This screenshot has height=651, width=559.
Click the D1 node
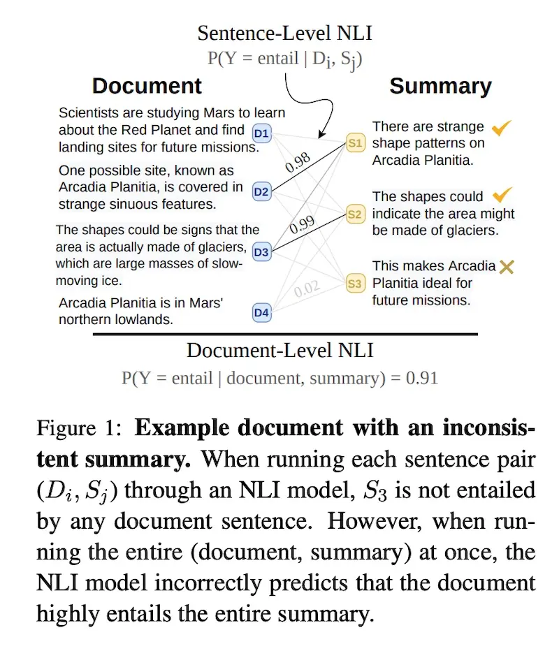261,133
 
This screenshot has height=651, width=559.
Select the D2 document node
261,191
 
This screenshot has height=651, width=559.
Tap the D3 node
261,251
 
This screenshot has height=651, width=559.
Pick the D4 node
261,312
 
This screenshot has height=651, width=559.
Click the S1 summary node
355,143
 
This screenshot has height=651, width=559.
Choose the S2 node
355,214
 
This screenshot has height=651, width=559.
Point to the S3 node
355,284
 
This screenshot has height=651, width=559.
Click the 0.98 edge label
298,161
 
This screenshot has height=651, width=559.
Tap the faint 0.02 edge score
307,286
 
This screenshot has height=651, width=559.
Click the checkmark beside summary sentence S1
502,128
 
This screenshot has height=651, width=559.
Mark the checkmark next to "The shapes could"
502,195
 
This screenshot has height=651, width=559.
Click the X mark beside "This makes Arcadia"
505,266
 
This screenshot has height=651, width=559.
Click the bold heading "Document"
147,86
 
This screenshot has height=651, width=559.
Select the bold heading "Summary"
440,86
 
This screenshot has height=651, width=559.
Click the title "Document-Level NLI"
280,351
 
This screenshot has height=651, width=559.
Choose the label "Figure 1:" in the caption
77,427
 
